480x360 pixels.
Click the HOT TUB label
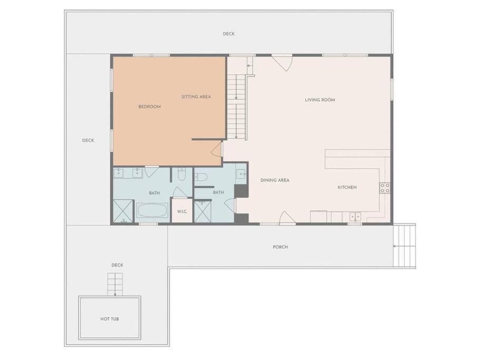pyautogui.click(x=110, y=319)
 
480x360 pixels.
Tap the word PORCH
pyautogui.click(x=280, y=247)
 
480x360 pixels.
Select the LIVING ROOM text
pyautogui.click(x=320, y=100)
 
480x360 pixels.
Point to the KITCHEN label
pyautogui.click(x=347, y=187)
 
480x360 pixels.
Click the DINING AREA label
pyautogui.click(x=275, y=180)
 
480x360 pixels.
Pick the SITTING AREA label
pyautogui.click(x=196, y=97)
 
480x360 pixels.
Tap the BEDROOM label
pyautogui.click(x=150, y=107)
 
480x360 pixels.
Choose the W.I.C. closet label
pyautogui.click(x=182, y=211)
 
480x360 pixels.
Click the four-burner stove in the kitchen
pyautogui.click(x=385, y=188)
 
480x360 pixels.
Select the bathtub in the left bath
pyautogui.click(x=152, y=211)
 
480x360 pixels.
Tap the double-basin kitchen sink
pyautogui.click(x=356, y=217)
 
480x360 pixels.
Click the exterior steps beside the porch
pyautogui.click(x=404, y=245)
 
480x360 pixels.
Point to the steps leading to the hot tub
pyautogui.click(x=115, y=285)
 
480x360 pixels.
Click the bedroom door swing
pyautogui.click(x=217, y=149)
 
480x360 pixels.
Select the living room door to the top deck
pyautogui.click(x=282, y=63)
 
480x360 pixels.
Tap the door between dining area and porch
pyautogui.click(x=288, y=218)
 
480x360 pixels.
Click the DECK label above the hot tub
pyautogui.click(x=117, y=265)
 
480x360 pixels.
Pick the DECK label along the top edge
pyautogui.click(x=229, y=34)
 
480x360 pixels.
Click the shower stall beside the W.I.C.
pyautogui.click(x=203, y=211)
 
